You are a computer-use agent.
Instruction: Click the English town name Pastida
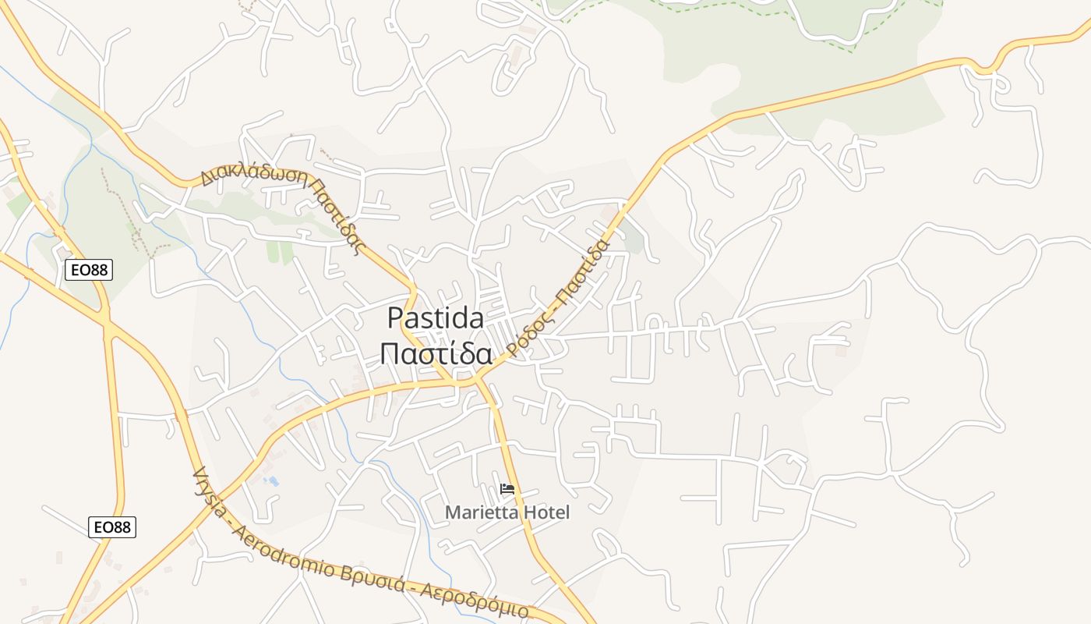(x=435, y=318)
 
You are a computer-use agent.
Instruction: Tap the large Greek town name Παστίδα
(x=436, y=355)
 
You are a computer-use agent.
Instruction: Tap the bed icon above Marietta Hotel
(x=507, y=490)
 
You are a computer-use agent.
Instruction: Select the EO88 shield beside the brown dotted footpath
(x=89, y=270)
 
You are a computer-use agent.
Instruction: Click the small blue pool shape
(x=272, y=480)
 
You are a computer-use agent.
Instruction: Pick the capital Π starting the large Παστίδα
(x=390, y=355)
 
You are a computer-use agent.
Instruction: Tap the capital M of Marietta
(x=452, y=512)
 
